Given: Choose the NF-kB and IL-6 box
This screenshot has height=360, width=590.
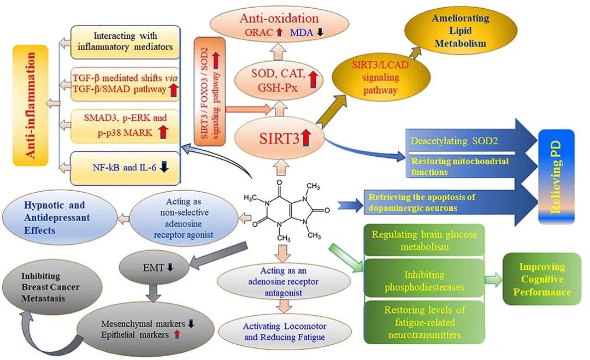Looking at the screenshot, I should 126,168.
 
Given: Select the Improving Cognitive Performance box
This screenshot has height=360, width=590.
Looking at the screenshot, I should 541,279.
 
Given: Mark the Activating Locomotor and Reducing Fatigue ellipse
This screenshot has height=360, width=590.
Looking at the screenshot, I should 285,331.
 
